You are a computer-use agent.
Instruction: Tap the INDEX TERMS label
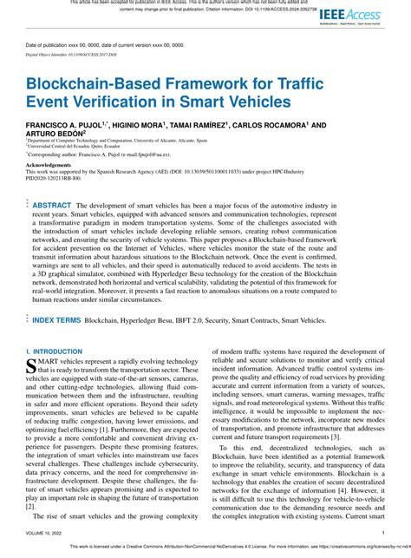[x=56, y=320]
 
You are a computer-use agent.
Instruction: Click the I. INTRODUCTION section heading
[x=56, y=351]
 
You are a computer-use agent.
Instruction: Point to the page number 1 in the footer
[x=382, y=533]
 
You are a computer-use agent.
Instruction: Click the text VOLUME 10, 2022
[x=48, y=533]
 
